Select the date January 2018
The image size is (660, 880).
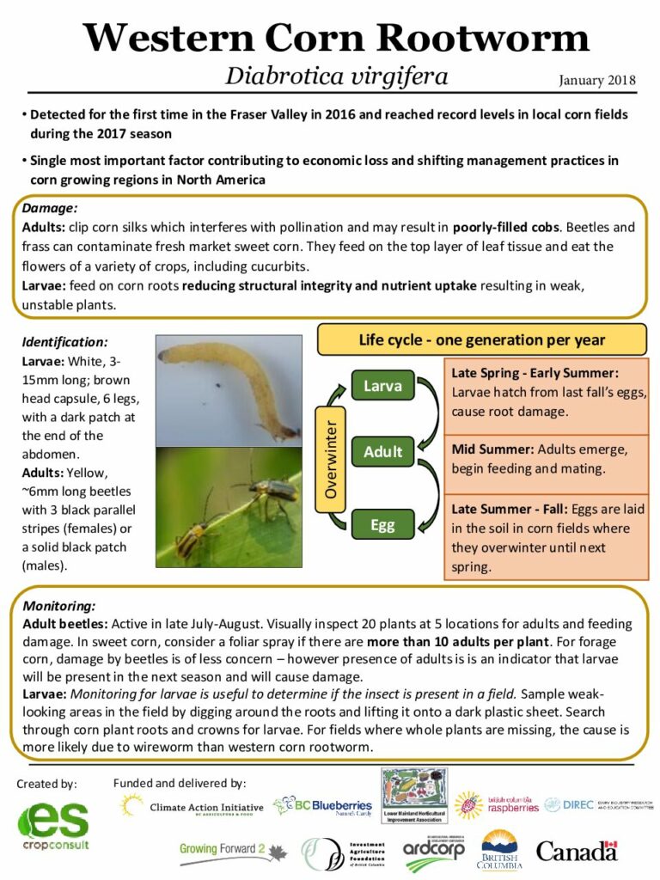coord(596,81)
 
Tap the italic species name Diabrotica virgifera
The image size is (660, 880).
coord(336,76)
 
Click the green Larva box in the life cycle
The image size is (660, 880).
coord(382,386)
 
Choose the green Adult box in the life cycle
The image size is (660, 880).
coord(382,451)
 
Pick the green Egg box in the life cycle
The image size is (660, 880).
coord(382,523)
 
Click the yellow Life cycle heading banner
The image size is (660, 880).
coord(481,339)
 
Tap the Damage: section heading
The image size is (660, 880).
coord(50,209)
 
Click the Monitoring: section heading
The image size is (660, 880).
coord(59,605)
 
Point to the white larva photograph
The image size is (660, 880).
coord(229,389)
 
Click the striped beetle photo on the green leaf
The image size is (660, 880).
coord(229,506)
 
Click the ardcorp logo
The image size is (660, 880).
coord(434,850)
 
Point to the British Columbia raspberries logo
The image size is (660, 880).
coord(498,806)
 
